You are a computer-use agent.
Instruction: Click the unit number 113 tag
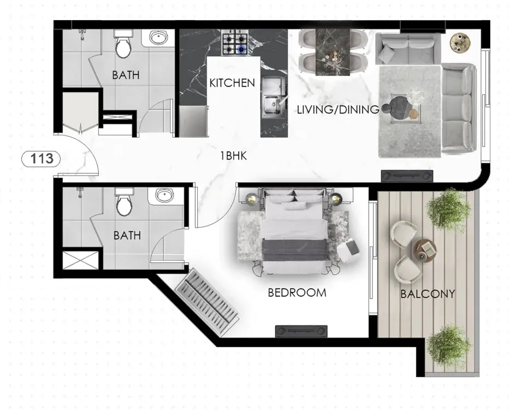point(41,159)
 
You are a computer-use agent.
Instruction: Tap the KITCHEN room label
point(232,83)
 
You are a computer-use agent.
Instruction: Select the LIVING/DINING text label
point(338,109)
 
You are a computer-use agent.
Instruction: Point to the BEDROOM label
point(297,292)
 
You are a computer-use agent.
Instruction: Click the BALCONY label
point(428,294)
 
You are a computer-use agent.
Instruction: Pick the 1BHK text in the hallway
point(233,156)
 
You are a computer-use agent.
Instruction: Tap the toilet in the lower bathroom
point(123,202)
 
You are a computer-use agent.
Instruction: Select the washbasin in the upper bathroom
point(159,37)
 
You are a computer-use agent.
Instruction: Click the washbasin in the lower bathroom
point(164,196)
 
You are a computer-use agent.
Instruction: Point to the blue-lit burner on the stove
point(241,49)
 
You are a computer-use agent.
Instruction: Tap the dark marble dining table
point(333,52)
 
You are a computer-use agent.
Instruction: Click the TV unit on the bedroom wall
point(301,331)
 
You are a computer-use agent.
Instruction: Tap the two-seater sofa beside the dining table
point(409,49)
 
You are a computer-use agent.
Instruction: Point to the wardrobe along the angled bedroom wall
point(206,302)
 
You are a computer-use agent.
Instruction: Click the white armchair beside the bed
point(348,250)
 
